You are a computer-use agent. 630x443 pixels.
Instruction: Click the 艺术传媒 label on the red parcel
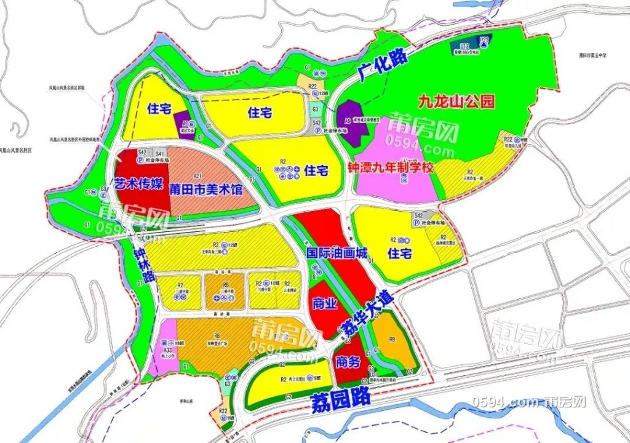(138, 183)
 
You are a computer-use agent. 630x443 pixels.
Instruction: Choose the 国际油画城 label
(337, 252)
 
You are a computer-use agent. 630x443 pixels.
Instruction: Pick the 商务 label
(348, 363)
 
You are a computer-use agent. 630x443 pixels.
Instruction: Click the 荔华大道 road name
(367, 315)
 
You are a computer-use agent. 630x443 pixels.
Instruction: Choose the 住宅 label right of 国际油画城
(399, 253)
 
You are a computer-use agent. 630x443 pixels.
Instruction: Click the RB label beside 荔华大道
(393, 338)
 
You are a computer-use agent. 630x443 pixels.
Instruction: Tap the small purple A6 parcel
(183, 122)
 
